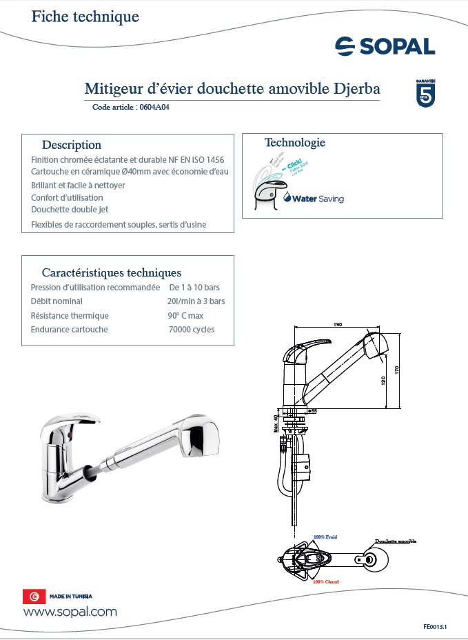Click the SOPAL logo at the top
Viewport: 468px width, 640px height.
point(385,46)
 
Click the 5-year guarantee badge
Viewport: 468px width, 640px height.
point(425,93)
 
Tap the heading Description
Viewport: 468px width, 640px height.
point(72,145)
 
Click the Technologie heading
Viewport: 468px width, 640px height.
point(294,143)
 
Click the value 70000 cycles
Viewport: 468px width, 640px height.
point(192,330)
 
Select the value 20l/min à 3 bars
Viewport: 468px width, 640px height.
point(196,301)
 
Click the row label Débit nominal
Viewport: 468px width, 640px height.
point(57,301)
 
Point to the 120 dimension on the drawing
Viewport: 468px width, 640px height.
point(384,381)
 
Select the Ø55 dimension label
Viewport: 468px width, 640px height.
point(312,411)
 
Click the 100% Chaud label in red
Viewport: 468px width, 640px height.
point(325,581)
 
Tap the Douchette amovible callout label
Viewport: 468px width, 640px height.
point(396,541)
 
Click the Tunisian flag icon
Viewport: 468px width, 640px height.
point(31,596)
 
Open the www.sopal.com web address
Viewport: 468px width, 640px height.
point(70,612)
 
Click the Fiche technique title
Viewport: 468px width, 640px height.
point(85,17)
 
